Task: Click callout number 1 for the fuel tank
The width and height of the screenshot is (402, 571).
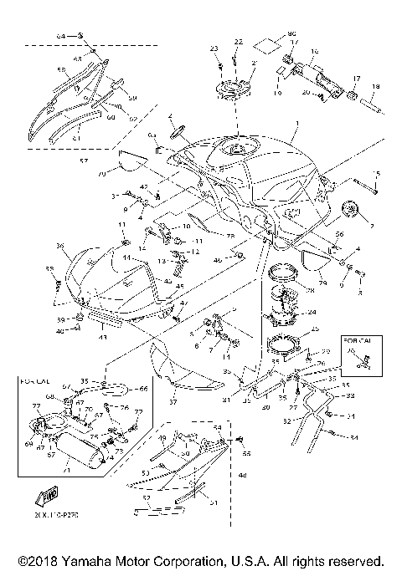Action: coord(294,130)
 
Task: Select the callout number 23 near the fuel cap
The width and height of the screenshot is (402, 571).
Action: coord(214,48)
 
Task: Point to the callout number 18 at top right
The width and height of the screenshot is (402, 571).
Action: coord(374,86)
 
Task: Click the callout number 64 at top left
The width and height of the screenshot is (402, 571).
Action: coord(60,38)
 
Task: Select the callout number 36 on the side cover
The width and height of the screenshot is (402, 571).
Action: coord(60,246)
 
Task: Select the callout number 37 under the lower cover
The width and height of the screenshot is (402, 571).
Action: coord(173,402)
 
